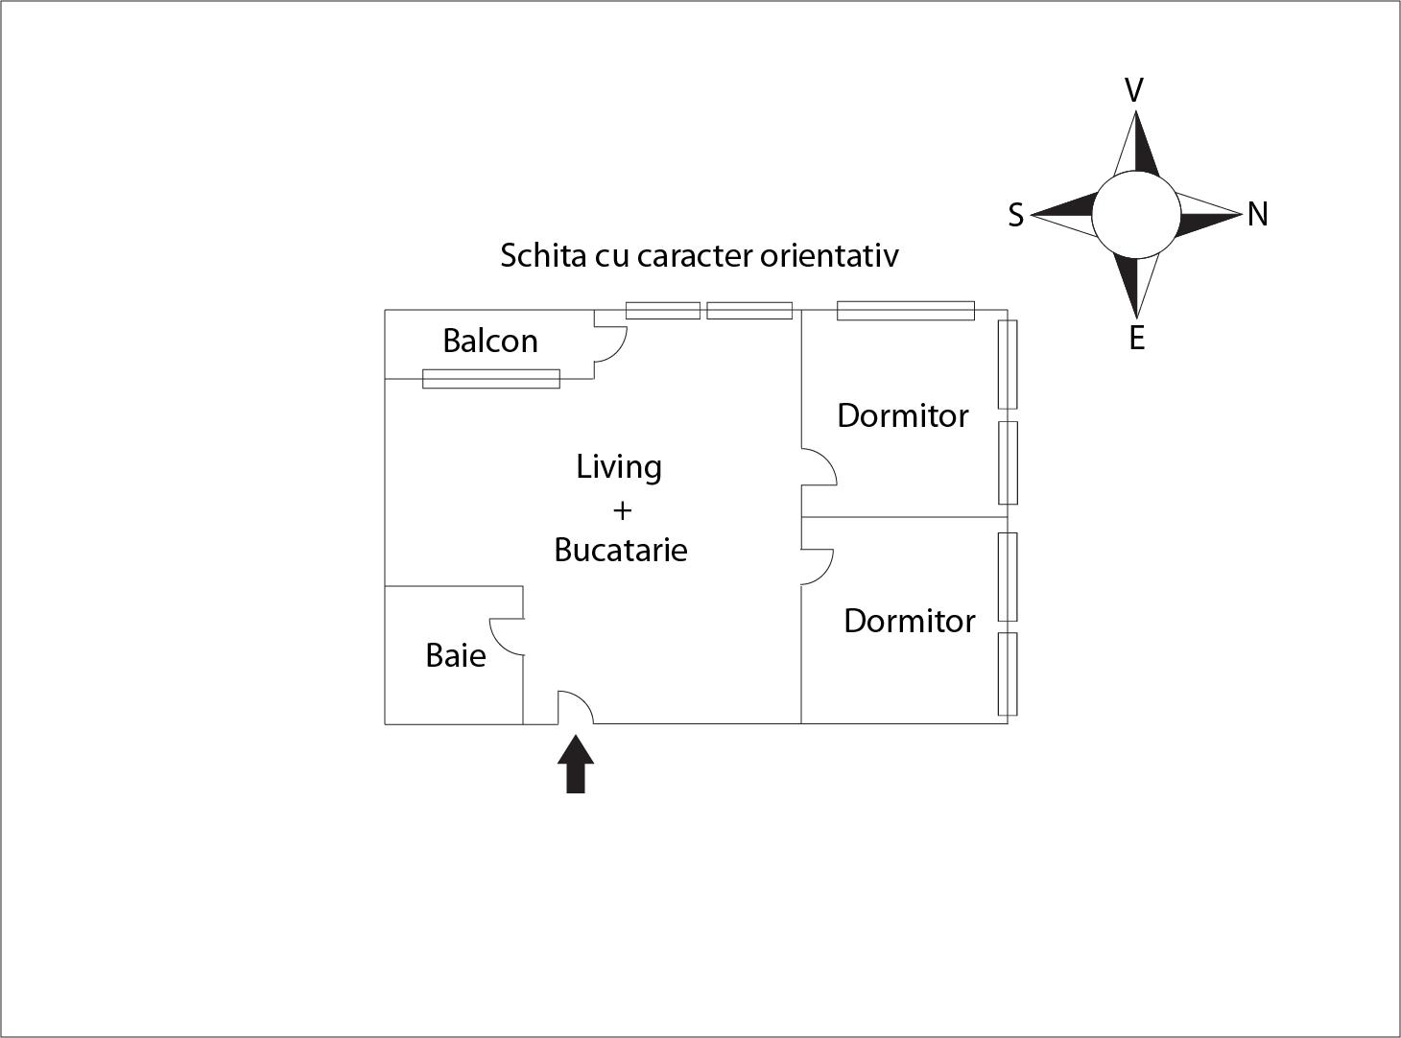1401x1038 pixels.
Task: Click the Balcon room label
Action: point(489,342)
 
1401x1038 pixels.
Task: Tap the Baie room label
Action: point(455,656)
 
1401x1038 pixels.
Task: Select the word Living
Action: point(619,467)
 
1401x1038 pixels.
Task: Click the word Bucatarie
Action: point(621,551)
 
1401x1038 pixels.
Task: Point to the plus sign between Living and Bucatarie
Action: point(622,510)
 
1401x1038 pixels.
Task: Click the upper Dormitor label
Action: point(902,416)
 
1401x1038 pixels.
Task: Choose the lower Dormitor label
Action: point(909,622)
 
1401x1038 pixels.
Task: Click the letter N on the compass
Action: point(1257,215)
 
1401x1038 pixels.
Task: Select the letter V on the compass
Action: point(1133,91)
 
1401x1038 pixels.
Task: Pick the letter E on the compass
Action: point(1136,339)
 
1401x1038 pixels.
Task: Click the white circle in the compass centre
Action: point(1135,215)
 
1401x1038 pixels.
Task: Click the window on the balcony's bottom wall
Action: point(491,379)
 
